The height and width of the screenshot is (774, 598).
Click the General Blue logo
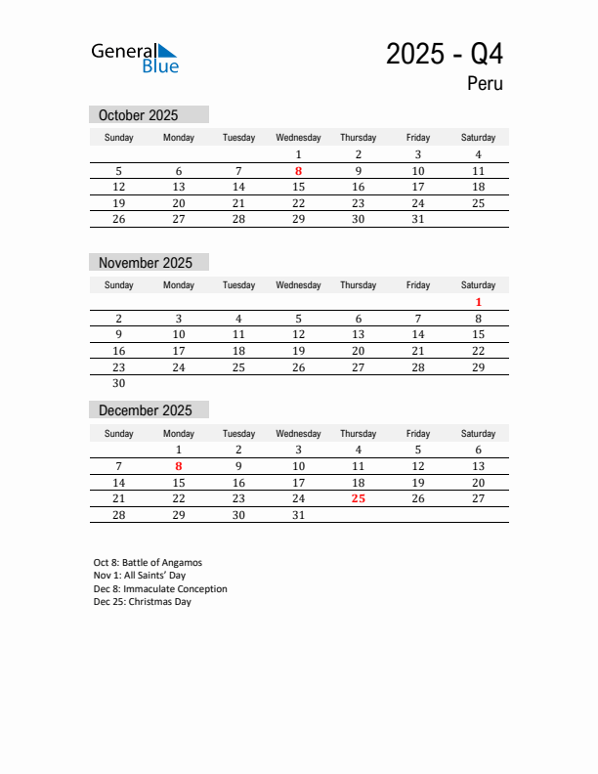[135, 58]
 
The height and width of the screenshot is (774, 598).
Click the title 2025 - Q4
[445, 54]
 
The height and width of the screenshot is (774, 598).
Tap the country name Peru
[485, 84]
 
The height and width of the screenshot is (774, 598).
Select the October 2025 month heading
[139, 115]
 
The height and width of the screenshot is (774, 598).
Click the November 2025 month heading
[146, 263]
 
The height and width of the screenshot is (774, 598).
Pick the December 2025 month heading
[146, 410]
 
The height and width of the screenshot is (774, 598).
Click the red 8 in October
[298, 171]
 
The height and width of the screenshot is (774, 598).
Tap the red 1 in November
[478, 302]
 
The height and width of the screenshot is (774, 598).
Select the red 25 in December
[358, 498]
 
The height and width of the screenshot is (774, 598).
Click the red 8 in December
[179, 466]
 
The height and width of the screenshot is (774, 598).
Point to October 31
[417, 219]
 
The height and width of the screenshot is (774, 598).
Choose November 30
[119, 383]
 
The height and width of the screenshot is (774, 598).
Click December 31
[298, 515]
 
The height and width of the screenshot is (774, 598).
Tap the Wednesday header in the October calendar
[298, 138]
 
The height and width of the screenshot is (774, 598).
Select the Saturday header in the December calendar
[478, 433]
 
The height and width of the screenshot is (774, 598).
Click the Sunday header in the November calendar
[119, 285]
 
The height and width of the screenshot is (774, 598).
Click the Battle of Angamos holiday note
[148, 563]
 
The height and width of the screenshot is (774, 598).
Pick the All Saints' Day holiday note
[140, 576]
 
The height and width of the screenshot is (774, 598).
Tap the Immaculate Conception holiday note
[160, 589]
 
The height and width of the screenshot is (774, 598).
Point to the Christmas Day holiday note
[143, 602]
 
